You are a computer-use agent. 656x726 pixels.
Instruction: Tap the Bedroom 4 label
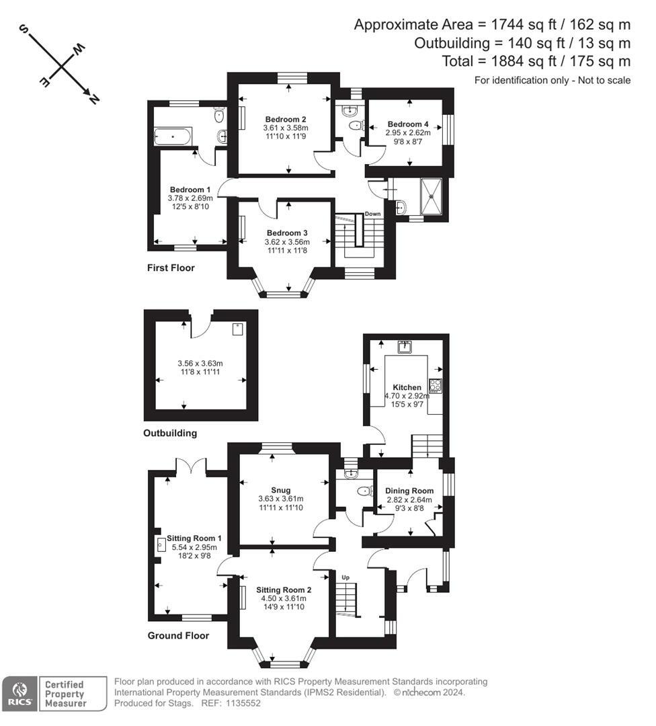407,124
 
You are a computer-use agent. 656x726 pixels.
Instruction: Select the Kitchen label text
407,387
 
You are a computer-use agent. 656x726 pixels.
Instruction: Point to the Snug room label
281,489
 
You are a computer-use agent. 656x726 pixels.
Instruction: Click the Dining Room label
409,491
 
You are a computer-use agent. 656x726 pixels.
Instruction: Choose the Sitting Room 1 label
195,538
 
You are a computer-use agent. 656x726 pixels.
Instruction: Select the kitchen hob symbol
435,386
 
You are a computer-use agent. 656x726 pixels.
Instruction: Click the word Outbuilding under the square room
170,434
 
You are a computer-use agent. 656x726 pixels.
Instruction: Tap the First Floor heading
171,268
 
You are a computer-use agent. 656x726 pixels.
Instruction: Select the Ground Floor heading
178,636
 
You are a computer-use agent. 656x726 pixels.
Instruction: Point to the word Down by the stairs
372,214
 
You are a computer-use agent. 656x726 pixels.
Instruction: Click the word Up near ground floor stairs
346,577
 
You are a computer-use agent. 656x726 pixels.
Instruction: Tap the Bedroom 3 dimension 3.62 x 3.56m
287,242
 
